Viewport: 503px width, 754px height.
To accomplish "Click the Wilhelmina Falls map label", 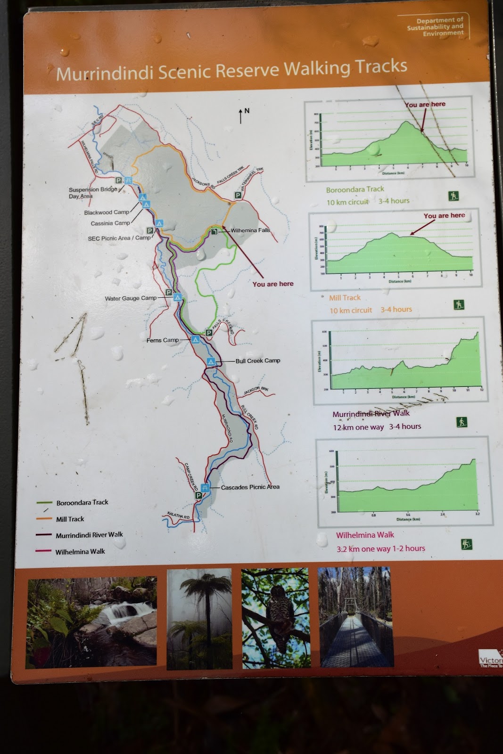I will point(250,230).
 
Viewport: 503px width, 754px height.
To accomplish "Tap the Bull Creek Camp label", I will point(258,361).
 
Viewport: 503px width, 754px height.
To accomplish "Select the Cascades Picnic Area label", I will point(250,487).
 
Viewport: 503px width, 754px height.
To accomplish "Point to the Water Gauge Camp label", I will point(131,298).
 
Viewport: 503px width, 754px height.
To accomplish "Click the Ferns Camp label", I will point(163,340).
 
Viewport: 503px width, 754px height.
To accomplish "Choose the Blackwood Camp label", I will point(107,213).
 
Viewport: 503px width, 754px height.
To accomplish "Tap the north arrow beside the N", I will point(241,116).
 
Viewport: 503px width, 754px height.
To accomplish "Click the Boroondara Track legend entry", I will point(82,502).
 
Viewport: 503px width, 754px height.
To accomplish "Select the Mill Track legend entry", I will point(70,519).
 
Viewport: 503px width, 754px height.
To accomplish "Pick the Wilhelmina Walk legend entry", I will point(80,551).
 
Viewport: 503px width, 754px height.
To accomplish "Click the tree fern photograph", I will point(199,618).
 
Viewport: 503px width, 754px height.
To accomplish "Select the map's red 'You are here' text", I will point(272,284).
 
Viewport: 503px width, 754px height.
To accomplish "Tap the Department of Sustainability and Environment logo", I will point(435,27).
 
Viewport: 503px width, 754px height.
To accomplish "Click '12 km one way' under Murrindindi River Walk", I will point(358,427).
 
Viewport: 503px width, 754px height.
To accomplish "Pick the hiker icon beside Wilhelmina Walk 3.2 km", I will point(466,545).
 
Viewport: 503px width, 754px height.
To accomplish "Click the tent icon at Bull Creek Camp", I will point(211,361).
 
